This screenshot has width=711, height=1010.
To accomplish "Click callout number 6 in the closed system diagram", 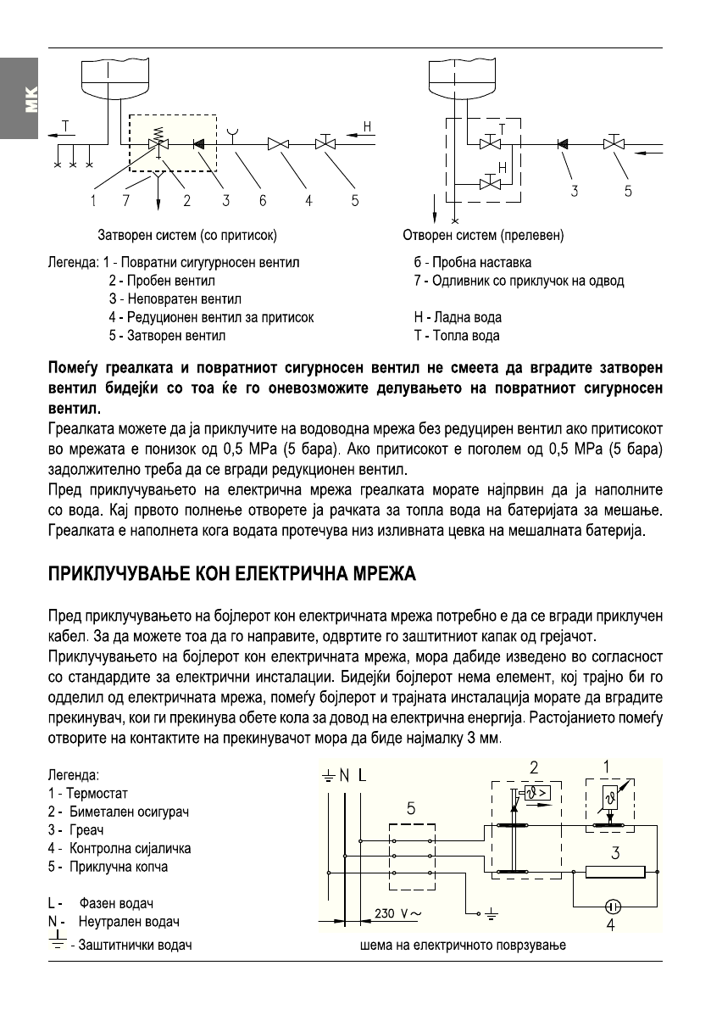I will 263,200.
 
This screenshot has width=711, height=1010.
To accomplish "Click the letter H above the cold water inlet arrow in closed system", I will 367,127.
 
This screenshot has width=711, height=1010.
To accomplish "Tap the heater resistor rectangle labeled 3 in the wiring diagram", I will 614,871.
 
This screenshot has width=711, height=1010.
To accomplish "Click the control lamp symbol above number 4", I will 611,906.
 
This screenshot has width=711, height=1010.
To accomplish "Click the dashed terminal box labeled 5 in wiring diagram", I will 411,857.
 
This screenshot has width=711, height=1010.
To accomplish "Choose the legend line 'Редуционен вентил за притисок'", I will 212,317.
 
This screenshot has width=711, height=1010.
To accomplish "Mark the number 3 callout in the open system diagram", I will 575,192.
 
